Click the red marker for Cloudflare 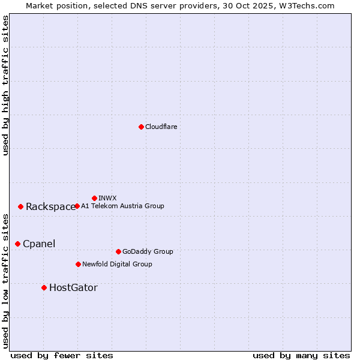pyautogui.click(x=141, y=127)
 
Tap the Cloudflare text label pyautogui.click(x=161, y=127)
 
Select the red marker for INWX pyautogui.click(x=95, y=198)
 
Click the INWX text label pyautogui.click(x=107, y=198)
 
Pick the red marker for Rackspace pyautogui.click(x=21, y=206)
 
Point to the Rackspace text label pyautogui.click(x=50, y=207)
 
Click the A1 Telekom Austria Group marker pyautogui.click(x=77, y=206)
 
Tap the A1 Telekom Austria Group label pyautogui.click(x=122, y=206)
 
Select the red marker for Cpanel pyautogui.click(x=18, y=244)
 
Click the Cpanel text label pyautogui.click(x=39, y=244)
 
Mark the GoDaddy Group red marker pyautogui.click(x=118, y=251)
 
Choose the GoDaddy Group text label pyautogui.click(x=148, y=251)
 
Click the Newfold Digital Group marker pyautogui.click(x=78, y=264)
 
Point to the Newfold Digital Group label pyautogui.click(x=117, y=264)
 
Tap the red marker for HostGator pyautogui.click(x=44, y=288)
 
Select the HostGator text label pyautogui.click(x=73, y=288)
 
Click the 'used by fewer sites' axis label pyautogui.click(x=62, y=355)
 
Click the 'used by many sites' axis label pyautogui.click(x=301, y=355)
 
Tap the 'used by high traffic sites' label pyautogui.click(x=6, y=85)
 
